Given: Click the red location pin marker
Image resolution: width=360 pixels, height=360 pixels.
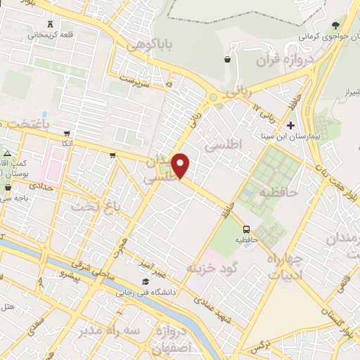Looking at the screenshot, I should tap(181, 165).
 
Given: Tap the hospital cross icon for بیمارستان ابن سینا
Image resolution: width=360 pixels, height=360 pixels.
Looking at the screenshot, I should tap(291, 124).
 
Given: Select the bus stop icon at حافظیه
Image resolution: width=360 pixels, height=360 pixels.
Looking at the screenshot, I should tap(246, 229).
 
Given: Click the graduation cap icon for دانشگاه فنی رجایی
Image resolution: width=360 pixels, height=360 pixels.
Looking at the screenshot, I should tap(145, 282).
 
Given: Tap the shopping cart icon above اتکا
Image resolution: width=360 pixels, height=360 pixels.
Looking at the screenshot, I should tap(67, 133).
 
